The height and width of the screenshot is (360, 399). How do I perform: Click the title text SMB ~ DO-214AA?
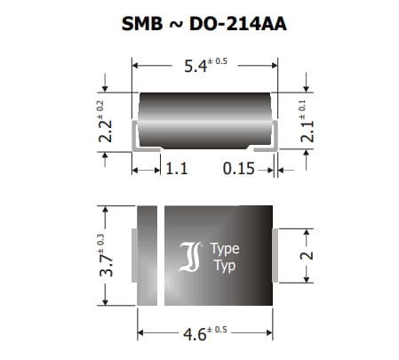pos(203,24)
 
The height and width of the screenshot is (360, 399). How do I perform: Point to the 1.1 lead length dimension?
pos(176,166)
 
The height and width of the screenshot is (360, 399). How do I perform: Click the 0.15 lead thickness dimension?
pos(240,166)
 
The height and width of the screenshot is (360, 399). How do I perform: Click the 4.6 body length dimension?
pos(192,333)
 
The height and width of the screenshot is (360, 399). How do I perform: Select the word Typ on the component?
pos(223,267)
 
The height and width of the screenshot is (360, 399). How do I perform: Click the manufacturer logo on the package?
pos(193,258)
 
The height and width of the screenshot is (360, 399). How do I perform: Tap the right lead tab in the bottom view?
pos(276,255)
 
